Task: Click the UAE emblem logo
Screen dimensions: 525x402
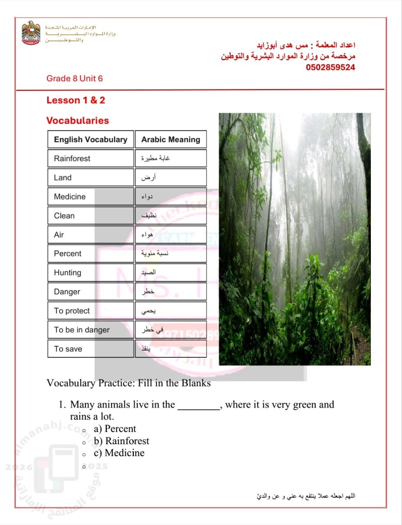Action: click(x=31, y=33)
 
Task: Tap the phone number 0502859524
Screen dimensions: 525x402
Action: click(x=330, y=67)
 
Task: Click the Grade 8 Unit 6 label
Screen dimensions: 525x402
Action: click(x=74, y=78)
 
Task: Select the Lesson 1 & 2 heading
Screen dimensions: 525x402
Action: click(x=75, y=100)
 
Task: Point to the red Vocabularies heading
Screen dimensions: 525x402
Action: click(x=77, y=121)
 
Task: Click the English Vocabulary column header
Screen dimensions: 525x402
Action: click(x=91, y=139)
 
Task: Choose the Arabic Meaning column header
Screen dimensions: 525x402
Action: click(x=170, y=139)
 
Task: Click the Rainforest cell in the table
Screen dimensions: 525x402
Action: click(x=91, y=158)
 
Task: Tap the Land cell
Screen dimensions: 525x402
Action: click(x=91, y=178)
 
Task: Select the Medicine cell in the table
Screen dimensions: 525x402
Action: click(x=91, y=196)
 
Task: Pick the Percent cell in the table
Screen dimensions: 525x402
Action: click(x=91, y=253)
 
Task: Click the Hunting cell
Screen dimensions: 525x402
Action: click(x=91, y=273)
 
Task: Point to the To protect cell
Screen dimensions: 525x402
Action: click(x=91, y=311)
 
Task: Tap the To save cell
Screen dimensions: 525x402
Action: click(x=91, y=349)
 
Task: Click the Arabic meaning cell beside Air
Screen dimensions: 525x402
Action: click(x=170, y=235)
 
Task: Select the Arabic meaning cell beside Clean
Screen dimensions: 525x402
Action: click(x=170, y=216)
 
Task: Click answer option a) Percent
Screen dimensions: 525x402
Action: click(x=115, y=429)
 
